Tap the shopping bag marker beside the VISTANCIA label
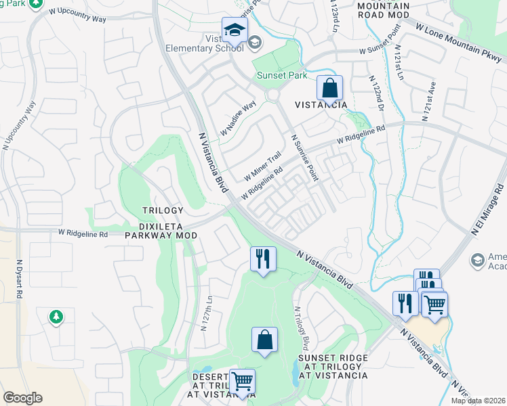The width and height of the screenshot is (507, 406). [x=329, y=89]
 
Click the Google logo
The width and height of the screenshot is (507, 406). [x=22, y=398]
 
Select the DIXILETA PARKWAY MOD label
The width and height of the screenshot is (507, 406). [x=161, y=230]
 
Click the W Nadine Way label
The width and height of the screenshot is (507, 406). [x=237, y=116]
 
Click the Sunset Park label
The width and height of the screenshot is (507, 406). [x=281, y=76]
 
